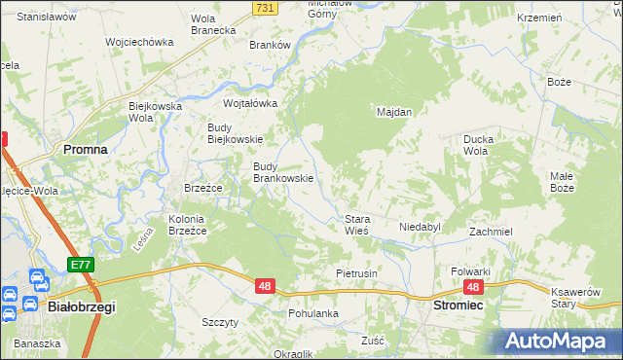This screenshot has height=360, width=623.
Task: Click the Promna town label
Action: click(x=85, y=150)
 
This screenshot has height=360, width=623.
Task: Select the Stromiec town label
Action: click(x=458, y=306)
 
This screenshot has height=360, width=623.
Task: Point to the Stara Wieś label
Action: click(x=355, y=225)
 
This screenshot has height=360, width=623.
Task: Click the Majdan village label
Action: click(x=394, y=112)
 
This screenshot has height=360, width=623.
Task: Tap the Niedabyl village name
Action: click(x=421, y=227)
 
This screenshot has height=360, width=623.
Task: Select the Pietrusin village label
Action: click(x=356, y=273)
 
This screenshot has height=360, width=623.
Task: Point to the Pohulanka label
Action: click(x=312, y=313)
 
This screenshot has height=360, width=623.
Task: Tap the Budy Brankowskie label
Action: click(x=282, y=172)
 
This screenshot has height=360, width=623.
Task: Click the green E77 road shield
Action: click(x=80, y=265)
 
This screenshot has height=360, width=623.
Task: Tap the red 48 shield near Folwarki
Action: click(x=473, y=287)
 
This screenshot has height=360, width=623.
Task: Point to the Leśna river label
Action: click(x=145, y=238)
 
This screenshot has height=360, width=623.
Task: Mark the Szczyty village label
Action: click(x=219, y=322)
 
